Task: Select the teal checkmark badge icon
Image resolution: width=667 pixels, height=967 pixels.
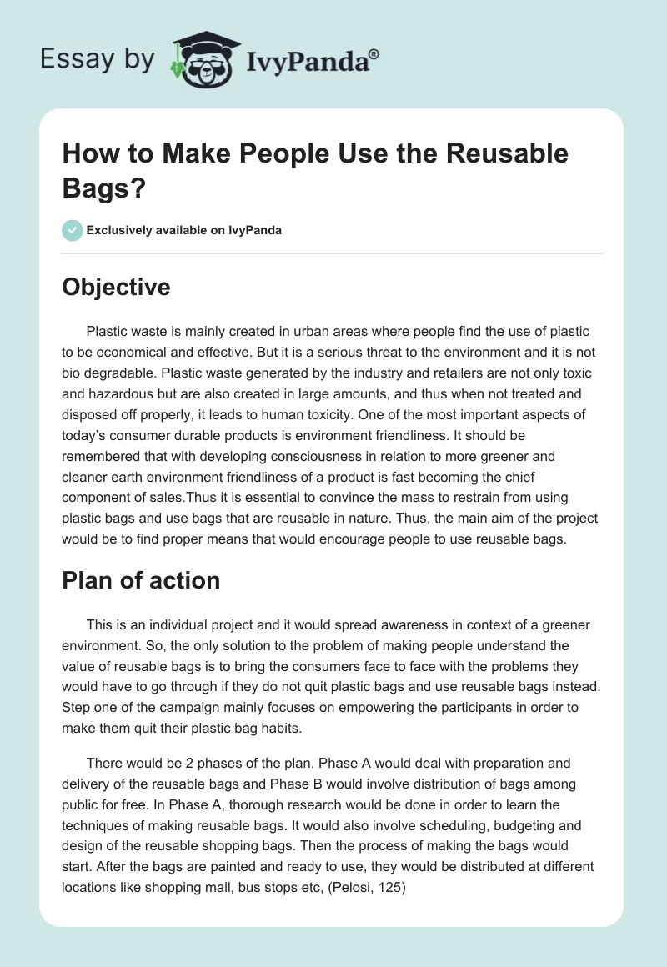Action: (73, 230)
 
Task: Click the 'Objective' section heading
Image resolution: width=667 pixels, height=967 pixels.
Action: (116, 287)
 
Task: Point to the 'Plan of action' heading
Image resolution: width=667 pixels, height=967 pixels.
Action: (141, 580)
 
